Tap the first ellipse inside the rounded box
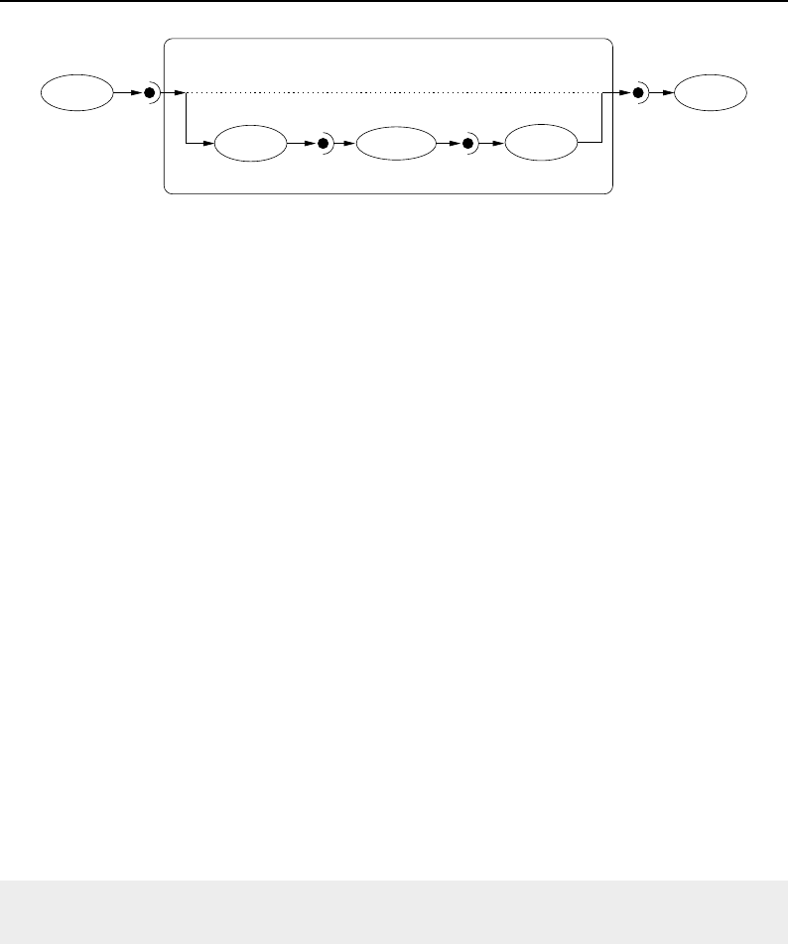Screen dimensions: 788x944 (249, 145)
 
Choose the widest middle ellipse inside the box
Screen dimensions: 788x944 (396, 145)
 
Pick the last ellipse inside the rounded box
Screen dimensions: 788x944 (541, 145)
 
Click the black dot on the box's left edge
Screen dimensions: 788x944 (150, 94)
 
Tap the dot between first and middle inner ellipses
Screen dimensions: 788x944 (323, 145)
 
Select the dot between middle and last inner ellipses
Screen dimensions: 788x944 (468, 145)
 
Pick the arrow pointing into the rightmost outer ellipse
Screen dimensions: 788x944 (662, 94)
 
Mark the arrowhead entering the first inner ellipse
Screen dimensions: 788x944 (208, 145)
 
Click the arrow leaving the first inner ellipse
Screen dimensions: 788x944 (299, 145)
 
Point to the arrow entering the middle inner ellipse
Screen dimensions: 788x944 (346, 145)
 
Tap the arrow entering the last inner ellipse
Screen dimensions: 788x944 (493, 145)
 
